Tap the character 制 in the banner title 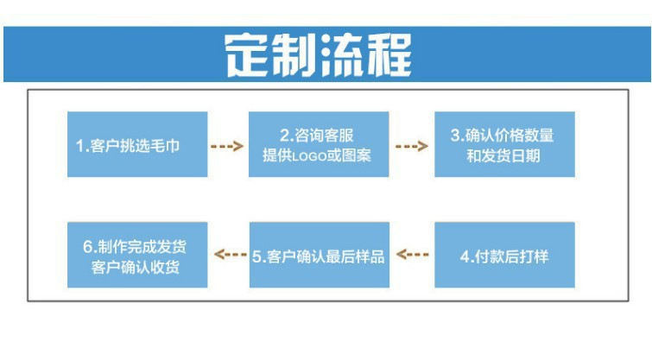[x=298, y=54]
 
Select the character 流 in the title [x=350, y=54]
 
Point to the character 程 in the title [x=402, y=54]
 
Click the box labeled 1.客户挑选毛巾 [x=137, y=145]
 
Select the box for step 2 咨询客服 [x=319, y=145]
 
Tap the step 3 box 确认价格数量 [x=504, y=145]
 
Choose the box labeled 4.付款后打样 [x=504, y=256]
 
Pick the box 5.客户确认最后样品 [x=319, y=256]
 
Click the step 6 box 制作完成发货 [x=137, y=256]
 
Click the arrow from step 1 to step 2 [x=228, y=147]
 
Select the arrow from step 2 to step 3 [x=412, y=147]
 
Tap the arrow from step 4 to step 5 [x=412, y=256]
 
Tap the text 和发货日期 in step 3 [x=504, y=156]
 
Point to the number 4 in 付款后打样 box [x=464, y=256]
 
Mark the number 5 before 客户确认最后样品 [x=257, y=256]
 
